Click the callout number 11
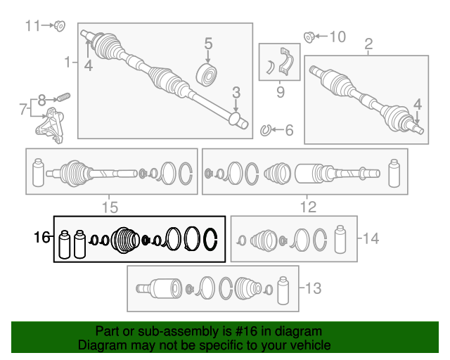click(x=32, y=25)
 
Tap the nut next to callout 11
click(x=60, y=26)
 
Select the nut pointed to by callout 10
click(x=309, y=37)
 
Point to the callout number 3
click(x=236, y=92)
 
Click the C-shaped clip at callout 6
click(x=266, y=131)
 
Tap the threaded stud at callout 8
click(x=63, y=97)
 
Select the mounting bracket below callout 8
click(x=50, y=125)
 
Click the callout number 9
click(x=281, y=92)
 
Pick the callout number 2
click(x=368, y=44)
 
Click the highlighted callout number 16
click(x=41, y=238)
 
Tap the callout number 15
click(x=110, y=207)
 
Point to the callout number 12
click(x=308, y=207)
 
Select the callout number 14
click(x=371, y=238)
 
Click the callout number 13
click(x=313, y=288)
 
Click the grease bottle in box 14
click(x=340, y=240)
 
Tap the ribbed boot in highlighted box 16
click(x=125, y=240)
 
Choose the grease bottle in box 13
click(x=283, y=290)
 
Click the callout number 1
click(x=67, y=62)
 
